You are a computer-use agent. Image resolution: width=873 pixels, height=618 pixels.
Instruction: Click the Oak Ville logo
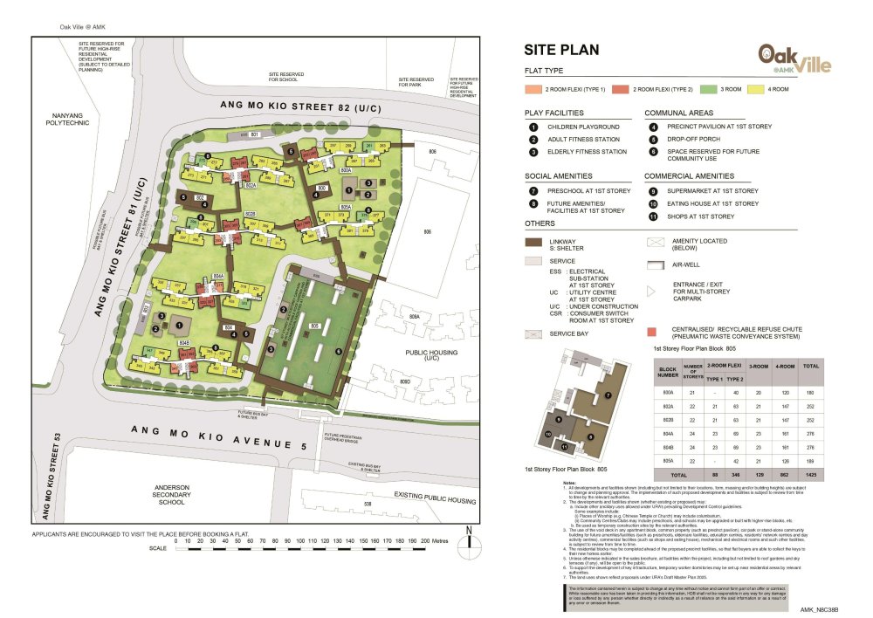[794, 59]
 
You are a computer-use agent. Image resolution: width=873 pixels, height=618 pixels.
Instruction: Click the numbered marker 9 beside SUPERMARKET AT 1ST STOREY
[652, 190]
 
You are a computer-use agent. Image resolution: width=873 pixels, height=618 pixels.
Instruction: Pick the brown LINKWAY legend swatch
[533, 244]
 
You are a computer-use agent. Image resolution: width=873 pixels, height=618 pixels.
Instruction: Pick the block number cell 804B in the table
[667, 445]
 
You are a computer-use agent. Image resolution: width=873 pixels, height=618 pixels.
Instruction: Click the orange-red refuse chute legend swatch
[651, 331]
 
